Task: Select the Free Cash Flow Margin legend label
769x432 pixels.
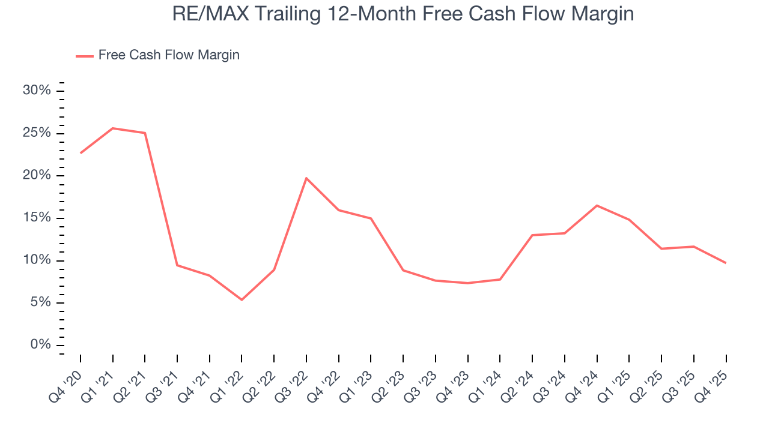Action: pos(169,55)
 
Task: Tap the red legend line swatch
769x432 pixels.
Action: pos(84,56)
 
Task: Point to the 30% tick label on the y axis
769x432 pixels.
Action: pos(37,91)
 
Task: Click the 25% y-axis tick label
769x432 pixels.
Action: pos(37,133)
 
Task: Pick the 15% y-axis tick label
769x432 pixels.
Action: pos(37,218)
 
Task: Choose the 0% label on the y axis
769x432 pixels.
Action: pos(40,345)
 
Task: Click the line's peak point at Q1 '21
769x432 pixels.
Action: pos(113,128)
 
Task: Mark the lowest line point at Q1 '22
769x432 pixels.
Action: pos(242,299)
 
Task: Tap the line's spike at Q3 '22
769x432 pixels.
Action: pos(306,178)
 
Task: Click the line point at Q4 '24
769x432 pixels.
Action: pos(597,206)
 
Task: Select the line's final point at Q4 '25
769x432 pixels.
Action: pos(726,263)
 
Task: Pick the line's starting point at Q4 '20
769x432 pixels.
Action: pos(81,153)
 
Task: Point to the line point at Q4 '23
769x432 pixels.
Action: pos(467,283)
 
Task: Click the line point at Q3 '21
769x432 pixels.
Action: pos(177,265)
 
